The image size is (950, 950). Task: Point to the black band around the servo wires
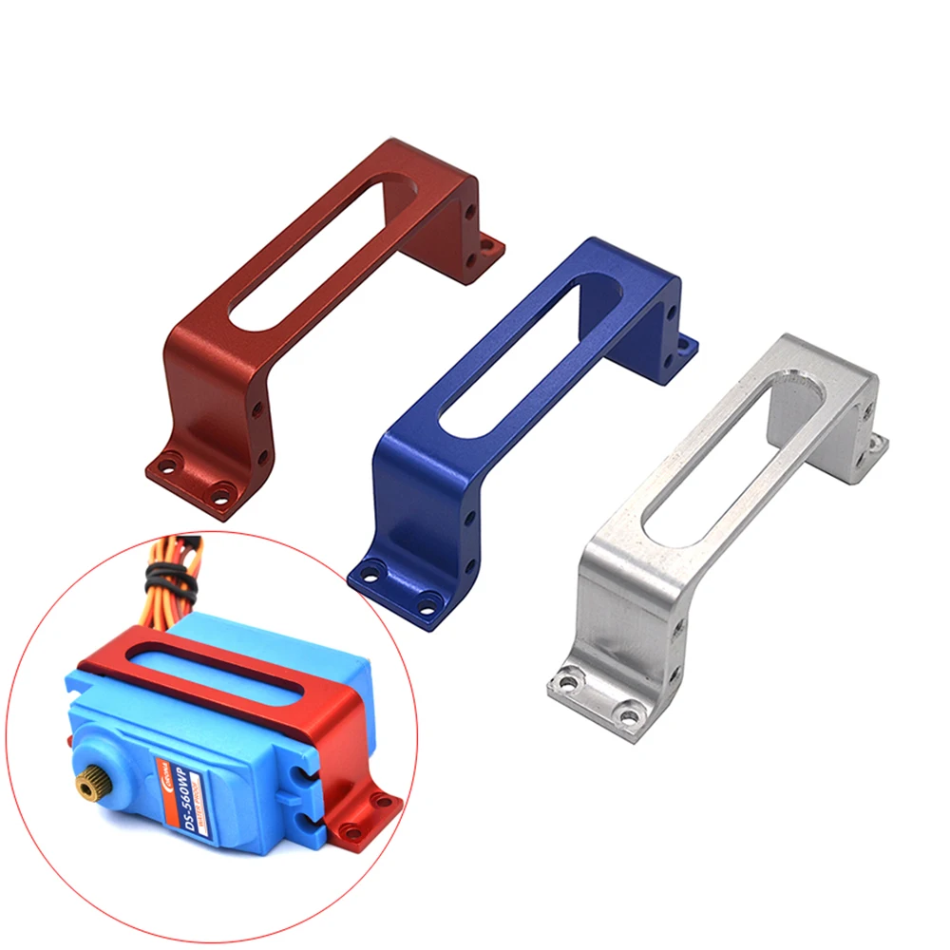(x=162, y=576)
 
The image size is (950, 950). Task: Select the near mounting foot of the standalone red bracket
(x=195, y=479)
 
